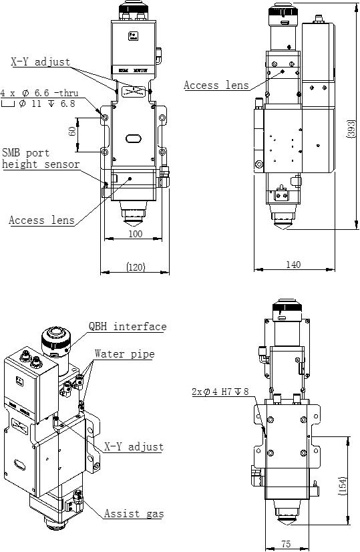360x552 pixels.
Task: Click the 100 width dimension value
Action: [x=136, y=235]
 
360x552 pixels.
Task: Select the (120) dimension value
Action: [x=136, y=267]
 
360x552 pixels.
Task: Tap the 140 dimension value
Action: [x=293, y=265]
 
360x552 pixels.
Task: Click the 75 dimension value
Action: [x=286, y=545]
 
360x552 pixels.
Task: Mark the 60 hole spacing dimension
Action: [x=72, y=131]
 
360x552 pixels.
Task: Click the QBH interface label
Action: [x=128, y=327]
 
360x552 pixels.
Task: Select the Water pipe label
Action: [x=124, y=354]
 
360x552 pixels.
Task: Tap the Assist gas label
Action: [x=134, y=514]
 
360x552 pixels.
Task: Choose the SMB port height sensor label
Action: [x=41, y=158]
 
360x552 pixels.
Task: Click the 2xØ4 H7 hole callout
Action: [x=220, y=392]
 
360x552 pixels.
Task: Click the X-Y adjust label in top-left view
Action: [x=40, y=62]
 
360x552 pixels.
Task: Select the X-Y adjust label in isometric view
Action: [x=134, y=446]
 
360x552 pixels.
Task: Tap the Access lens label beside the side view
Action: [x=216, y=85]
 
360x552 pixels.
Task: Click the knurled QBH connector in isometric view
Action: [x=56, y=340]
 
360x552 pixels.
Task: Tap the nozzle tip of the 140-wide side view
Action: [x=283, y=226]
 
